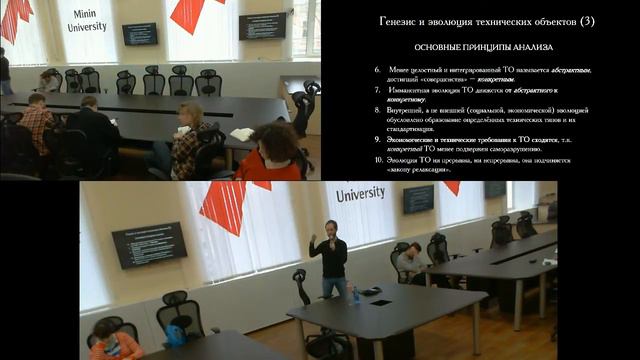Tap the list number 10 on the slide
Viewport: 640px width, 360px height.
(379, 160)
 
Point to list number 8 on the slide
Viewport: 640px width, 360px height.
(379, 110)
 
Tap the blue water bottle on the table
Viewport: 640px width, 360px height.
(355, 294)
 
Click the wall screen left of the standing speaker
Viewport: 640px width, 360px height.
(149, 244)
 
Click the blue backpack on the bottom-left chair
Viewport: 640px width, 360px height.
(177, 335)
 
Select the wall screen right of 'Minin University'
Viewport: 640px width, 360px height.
(139, 33)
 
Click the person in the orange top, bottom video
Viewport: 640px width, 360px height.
(113, 340)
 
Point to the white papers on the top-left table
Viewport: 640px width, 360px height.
(242, 134)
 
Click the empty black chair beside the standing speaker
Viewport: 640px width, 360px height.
(302, 295)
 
